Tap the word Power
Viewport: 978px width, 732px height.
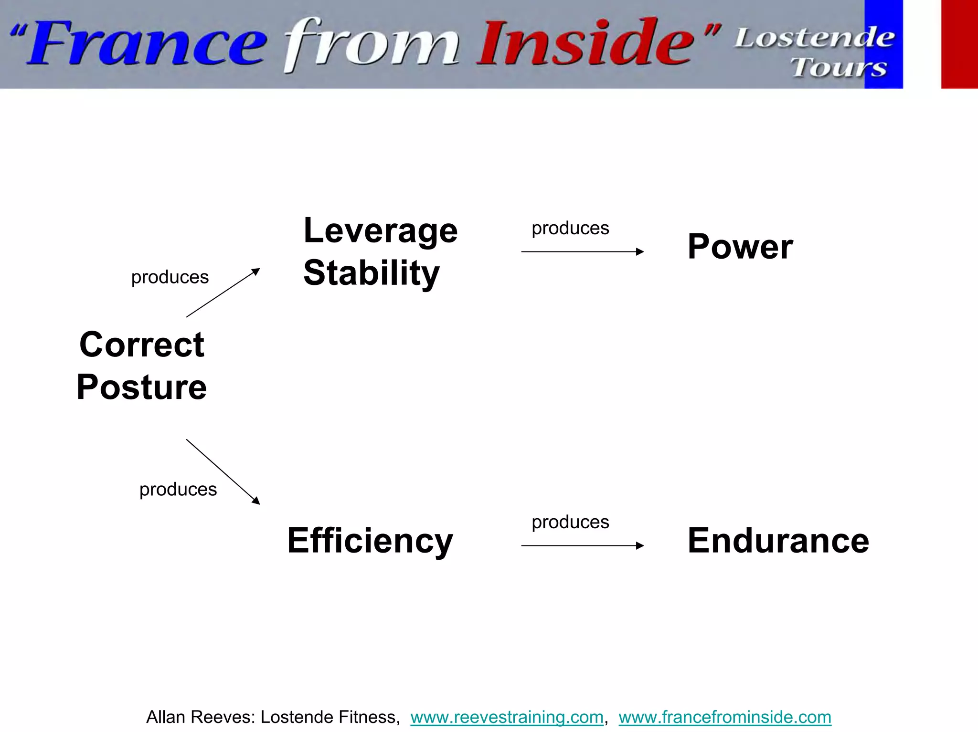click(740, 247)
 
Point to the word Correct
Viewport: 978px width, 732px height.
click(142, 345)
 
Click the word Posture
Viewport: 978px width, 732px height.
click(142, 387)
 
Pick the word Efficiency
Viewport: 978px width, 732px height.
click(370, 541)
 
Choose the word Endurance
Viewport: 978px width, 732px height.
click(778, 541)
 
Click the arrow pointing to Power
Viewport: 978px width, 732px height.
click(582, 251)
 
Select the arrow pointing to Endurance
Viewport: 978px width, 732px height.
click(582, 545)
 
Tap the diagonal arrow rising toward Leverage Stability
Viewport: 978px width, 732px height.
click(223, 293)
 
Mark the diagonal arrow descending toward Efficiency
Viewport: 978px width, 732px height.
click(223, 471)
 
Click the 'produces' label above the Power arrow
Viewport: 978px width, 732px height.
click(570, 229)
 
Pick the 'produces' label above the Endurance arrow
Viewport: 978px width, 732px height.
click(570, 523)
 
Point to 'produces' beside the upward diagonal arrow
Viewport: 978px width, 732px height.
click(170, 277)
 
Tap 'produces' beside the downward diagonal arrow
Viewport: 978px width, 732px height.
click(178, 490)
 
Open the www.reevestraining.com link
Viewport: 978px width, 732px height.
click(507, 717)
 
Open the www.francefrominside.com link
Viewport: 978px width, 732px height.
click(725, 717)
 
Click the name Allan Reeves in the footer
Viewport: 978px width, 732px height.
click(201, 717)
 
